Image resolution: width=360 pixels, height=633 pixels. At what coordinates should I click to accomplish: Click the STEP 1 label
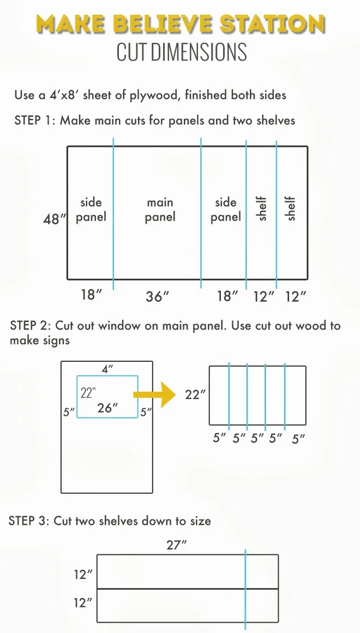tap(34, 120)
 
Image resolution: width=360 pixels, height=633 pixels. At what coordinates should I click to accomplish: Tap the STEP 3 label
tap(29, 521)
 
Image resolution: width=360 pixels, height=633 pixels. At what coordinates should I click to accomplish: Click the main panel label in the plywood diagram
tap(160, 210)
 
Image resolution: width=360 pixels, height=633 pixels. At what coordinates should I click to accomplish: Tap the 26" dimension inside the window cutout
tap(107, 408)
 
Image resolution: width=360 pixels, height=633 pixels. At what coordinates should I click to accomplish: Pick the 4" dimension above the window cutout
tap(107, 369)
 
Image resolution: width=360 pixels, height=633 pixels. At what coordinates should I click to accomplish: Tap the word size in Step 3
tap(199, 521)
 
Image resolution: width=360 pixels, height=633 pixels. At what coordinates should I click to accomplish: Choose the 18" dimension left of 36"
tap(91, 296)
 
